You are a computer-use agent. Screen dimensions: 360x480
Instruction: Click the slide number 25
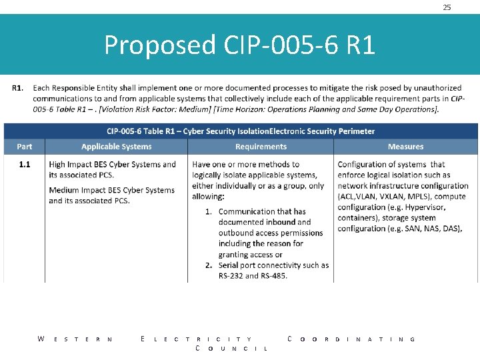[x=447, y=7]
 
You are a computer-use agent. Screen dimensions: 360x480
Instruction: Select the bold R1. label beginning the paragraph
[x=19, y=87]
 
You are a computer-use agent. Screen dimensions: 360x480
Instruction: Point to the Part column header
[x=25, y=147]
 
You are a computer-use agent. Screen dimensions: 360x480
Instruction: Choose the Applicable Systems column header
[x=117, y=147]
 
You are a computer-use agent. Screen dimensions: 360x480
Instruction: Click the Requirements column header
[x=261, y=147]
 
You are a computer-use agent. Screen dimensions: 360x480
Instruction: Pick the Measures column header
[x=405, y=147]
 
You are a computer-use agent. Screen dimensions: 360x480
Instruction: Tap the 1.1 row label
[x=24, y=164]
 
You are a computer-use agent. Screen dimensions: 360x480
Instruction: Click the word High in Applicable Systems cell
[x=57, y=164]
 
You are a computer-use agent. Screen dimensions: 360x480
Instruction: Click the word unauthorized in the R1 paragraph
[x=437, y=87]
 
